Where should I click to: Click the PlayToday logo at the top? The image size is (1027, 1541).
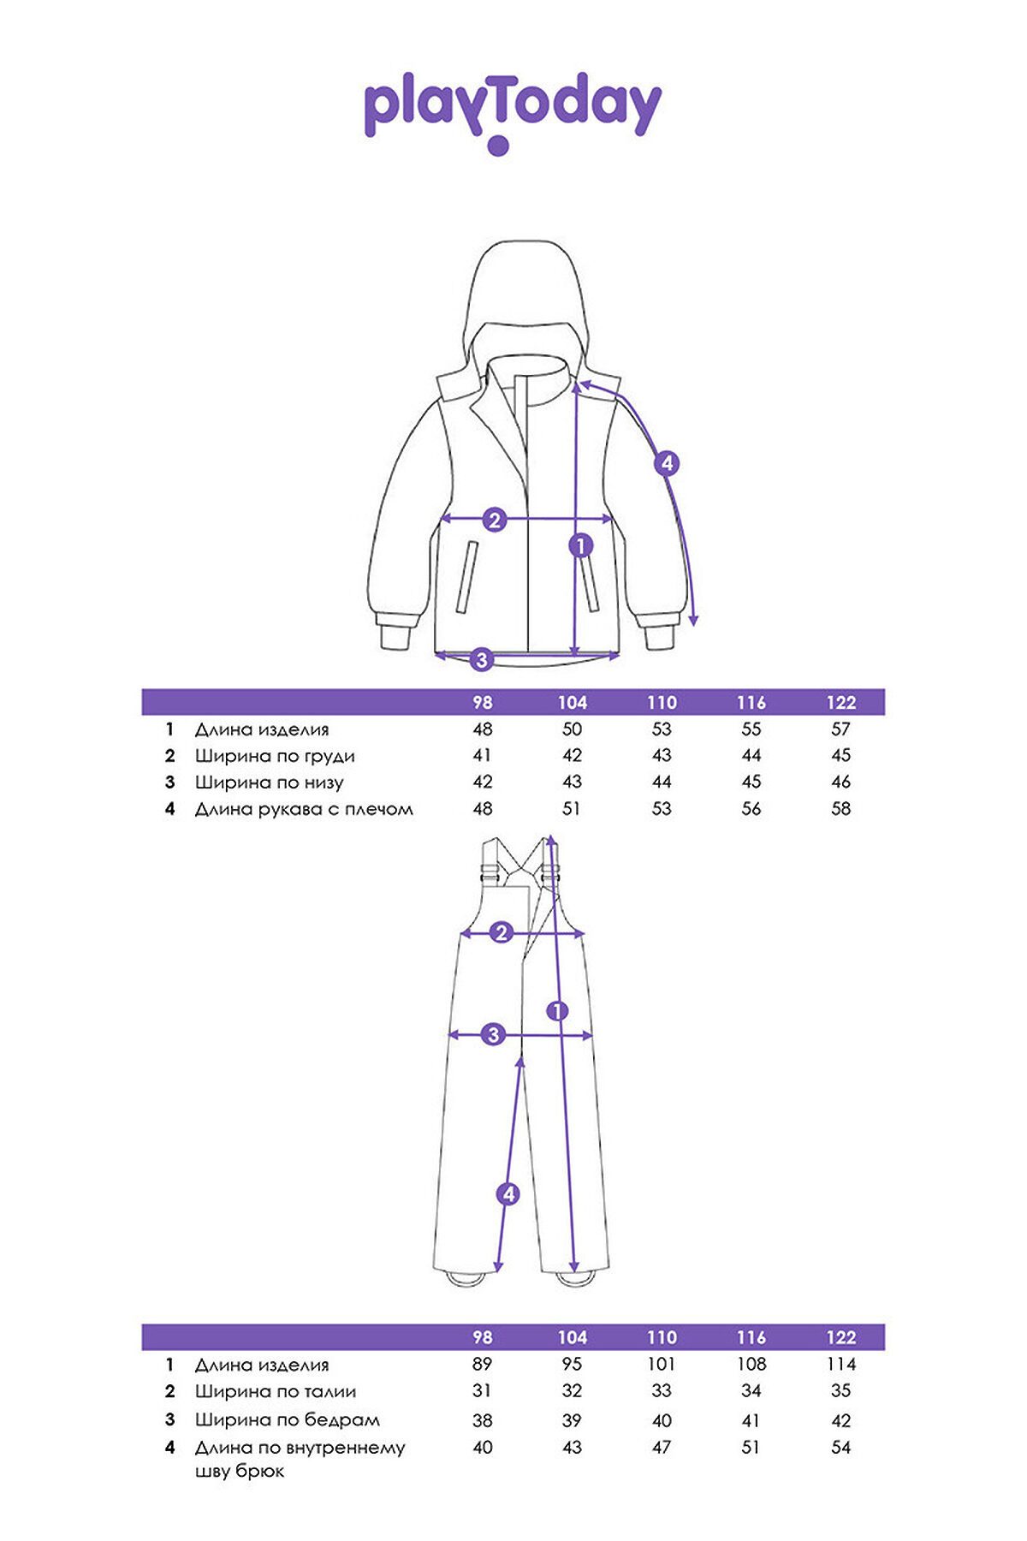(x=513, y=112)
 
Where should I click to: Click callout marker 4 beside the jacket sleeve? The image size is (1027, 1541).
(x=667, y=464)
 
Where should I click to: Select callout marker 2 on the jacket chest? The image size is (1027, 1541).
(x=495, y=519)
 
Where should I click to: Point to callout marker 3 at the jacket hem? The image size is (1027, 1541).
(x=482, y=659)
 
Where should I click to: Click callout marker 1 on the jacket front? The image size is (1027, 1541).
(x=581, y=544)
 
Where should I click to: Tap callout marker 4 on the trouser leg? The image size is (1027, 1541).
(x=508, y=1193)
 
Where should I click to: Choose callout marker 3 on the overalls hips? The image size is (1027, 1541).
(x=493, y=1034)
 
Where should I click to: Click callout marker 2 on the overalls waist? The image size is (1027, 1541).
(x=502, y=933)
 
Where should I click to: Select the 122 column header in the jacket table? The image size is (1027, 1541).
(x=841, y=703)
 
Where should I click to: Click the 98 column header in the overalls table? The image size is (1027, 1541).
(x=483, y=1337)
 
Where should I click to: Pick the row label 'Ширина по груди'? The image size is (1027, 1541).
(x=275, y=756)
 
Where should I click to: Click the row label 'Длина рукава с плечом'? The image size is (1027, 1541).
(x=304, y=809)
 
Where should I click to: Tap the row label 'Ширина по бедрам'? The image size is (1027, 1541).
(x=288, y=1419)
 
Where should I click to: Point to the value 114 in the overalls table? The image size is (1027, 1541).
(x=840, y=1364)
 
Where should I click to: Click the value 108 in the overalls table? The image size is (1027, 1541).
(x=751, y=1364)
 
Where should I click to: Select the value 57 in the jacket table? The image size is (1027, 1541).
(x=841, y=729)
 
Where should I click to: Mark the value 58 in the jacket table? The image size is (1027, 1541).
(x=841, y=809)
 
